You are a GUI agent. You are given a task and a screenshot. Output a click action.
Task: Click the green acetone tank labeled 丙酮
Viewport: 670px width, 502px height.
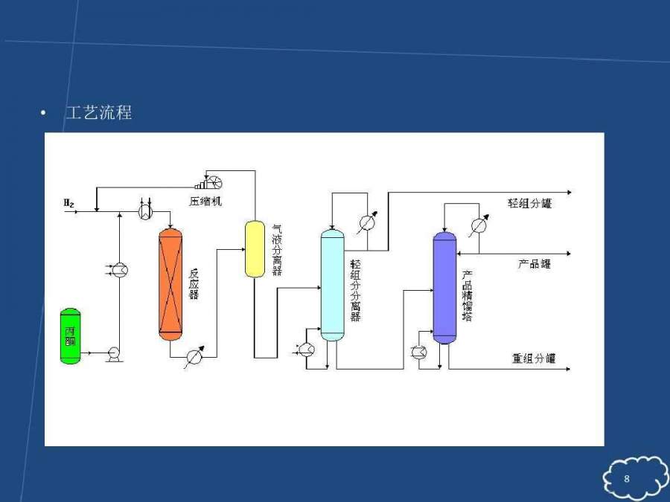pos(71,335)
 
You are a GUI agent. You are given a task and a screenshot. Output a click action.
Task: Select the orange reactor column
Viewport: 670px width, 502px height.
pos(170,284)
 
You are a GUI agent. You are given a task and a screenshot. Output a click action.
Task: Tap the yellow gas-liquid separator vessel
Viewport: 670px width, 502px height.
pos(255,248)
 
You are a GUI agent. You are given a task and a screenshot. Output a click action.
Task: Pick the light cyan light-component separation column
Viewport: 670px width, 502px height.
pos(332,285)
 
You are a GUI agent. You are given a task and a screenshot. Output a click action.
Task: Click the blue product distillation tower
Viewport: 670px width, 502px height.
pos(444,288)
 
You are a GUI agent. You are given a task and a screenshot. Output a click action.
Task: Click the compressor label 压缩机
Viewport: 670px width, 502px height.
pos(205,201)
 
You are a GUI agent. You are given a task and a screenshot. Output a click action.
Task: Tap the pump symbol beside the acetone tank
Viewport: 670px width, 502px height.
pos(115,354)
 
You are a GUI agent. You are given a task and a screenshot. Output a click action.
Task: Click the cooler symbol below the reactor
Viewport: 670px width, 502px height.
pos(195,357)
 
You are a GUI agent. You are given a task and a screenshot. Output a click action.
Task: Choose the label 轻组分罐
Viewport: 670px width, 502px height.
pos(530,203)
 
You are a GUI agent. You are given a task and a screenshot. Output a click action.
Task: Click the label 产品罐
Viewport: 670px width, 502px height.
pos(535,263)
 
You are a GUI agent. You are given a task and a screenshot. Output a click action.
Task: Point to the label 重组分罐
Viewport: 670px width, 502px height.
pos(534,358)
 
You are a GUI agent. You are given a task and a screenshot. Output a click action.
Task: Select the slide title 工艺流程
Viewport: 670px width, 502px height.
pos(99,114)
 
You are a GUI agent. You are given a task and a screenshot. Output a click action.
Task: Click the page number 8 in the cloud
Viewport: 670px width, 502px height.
pos(627,478)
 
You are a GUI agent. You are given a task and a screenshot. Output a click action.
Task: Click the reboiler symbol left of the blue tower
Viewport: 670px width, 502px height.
pos(419,353)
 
